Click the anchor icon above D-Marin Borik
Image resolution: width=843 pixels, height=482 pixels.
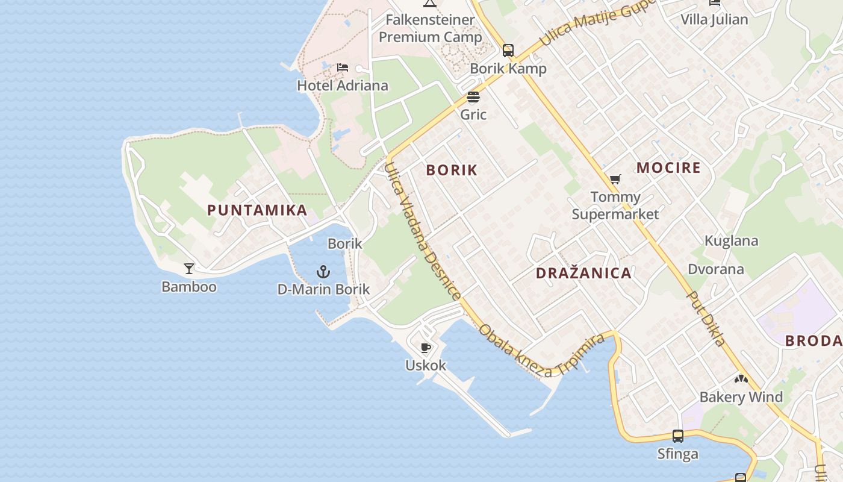pos(323,272)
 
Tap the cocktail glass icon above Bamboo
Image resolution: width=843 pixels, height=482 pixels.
pos(189,269)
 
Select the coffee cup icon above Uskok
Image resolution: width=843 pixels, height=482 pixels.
pos(426,348)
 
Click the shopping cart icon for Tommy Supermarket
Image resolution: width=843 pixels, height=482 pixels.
pos(615,180)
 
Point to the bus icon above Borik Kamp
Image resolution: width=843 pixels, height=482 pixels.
pos(508,51)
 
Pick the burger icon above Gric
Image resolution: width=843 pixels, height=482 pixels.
pos(473,97)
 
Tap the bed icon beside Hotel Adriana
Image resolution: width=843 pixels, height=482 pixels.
pos(343,67)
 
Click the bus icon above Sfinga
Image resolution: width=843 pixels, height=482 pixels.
pos(678,436)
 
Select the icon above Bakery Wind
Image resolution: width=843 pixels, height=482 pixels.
pos(741,380)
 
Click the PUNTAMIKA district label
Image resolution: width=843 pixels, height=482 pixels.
pos(257,210)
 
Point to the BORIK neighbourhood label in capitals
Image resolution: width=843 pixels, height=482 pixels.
pos(452,171)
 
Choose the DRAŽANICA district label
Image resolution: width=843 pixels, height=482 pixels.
pos(583,274)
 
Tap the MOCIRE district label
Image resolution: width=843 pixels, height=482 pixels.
pos(668,168)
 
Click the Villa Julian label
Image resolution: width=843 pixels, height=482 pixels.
pos(714,19)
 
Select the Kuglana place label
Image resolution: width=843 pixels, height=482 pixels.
pos(731,241)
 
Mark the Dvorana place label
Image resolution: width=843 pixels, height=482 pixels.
pos(716,269)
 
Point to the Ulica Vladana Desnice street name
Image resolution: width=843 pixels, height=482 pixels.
pos(422,231)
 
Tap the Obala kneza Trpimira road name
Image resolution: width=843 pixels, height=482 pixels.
pos(541,350)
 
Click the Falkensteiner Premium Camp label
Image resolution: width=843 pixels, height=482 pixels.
pos(430,28)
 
